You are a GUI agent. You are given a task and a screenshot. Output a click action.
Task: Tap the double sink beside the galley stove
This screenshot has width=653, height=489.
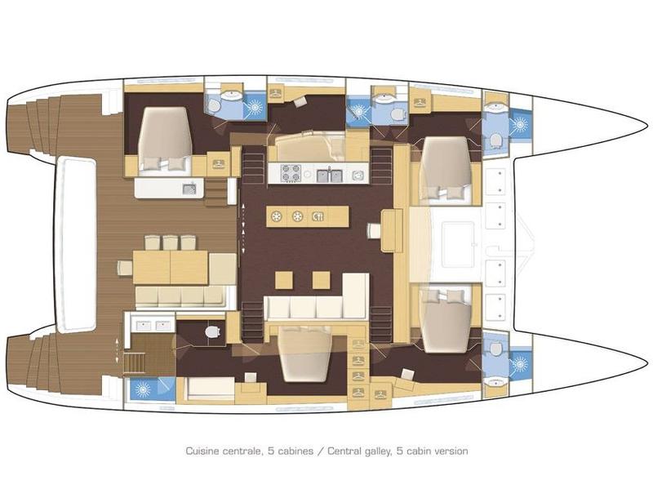(x=329, y=173)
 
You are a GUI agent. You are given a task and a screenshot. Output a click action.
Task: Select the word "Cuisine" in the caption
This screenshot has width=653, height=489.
(x=202, y=451)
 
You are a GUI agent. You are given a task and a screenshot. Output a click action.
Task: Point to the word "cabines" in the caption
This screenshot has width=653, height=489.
(x=289, y=451)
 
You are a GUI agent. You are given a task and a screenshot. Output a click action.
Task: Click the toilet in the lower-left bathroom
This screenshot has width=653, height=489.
(x=214, y=332)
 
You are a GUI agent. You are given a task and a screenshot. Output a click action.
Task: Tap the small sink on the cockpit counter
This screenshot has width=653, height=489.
(x=189, y=189)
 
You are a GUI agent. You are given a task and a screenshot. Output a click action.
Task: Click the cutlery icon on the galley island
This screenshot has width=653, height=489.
(x=318, y=216)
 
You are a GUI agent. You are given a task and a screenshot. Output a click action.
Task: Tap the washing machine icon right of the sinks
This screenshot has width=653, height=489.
(x=357, y=174)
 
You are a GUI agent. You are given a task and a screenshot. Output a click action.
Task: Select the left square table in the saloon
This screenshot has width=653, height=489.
(x=283, y=280)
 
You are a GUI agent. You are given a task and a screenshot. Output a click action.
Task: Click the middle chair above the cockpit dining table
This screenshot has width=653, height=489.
(x=169, y=242)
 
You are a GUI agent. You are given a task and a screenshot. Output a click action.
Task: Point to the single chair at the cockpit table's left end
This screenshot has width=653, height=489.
(x=125, y=267)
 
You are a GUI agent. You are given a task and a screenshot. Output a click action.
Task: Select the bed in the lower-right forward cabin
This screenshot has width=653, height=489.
(x=446, y=317)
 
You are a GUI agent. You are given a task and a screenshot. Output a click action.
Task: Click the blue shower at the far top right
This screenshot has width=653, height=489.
(x=520, y=126)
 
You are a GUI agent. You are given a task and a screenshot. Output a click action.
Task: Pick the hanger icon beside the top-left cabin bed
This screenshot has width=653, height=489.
(x=220, y=163)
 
